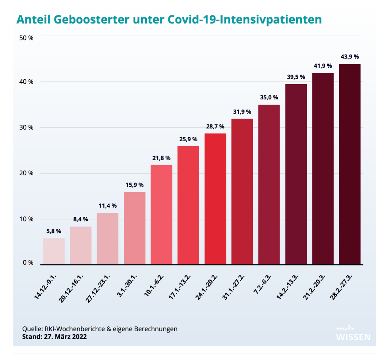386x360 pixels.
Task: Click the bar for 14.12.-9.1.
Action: coord(54,251)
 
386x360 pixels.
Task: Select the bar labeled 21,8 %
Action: coord(161,215)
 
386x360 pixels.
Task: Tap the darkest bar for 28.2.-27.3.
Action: coord(350,164)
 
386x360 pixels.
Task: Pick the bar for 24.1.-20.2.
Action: coord(215,199)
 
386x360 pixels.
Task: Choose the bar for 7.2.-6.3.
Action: coord(269,184)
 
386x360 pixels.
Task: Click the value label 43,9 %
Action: coord(350,57)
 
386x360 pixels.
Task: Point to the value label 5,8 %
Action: coord(54,231)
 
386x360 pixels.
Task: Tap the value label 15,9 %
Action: coord(134,185)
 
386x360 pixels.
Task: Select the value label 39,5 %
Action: coord(296,77)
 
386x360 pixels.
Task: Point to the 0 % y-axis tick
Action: coord(28,263)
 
